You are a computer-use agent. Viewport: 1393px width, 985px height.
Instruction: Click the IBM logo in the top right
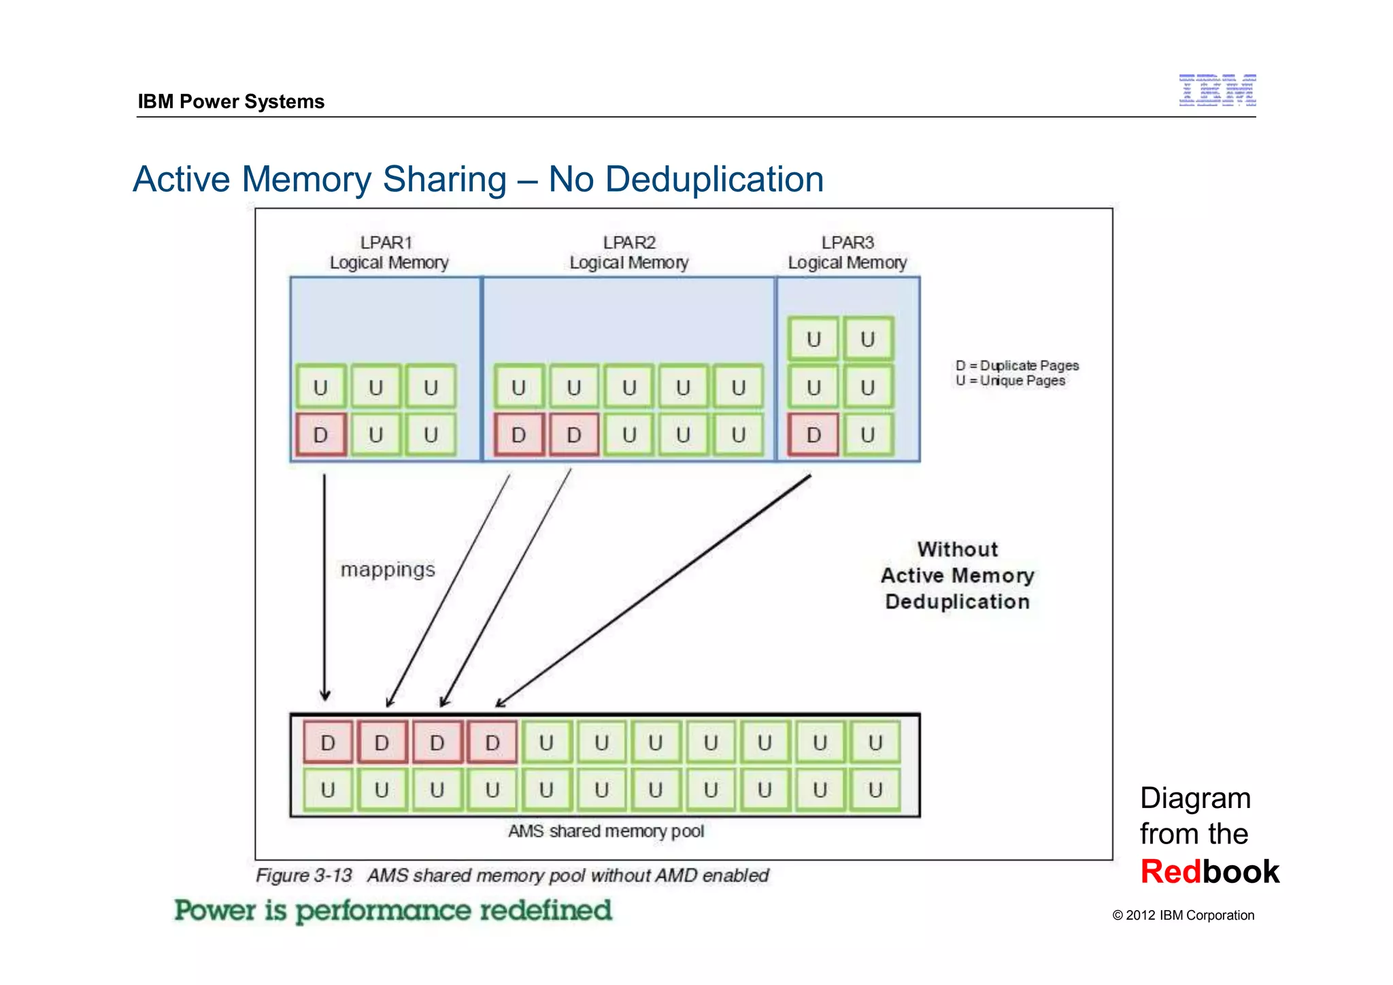(x=1217, y=91)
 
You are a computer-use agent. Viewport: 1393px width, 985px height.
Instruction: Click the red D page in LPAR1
(x=321, y=434)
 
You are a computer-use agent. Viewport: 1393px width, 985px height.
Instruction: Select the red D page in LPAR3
(x=813, y=434)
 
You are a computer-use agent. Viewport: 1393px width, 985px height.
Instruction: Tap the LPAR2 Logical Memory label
(x=629, y=253)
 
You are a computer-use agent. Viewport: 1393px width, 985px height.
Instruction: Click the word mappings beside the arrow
(x=388, y=569)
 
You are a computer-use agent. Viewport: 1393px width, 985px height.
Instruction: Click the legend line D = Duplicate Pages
(x=1017, y=366)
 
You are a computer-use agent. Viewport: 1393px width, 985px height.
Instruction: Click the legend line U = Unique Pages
(x=1010, y=381)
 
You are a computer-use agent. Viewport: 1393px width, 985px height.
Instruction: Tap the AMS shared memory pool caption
(x=606, y=831)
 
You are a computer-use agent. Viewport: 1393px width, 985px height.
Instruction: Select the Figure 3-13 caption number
(x=304, y=875)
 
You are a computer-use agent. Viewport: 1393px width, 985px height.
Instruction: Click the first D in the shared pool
(x=328, y=743)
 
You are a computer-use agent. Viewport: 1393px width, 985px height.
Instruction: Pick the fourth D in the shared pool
(x=492, y=743)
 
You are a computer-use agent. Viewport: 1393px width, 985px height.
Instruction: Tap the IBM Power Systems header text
(x=231, y=101)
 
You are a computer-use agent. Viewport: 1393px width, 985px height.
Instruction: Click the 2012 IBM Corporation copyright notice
(x=1183, y=916)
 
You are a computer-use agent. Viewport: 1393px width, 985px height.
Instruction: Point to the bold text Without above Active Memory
(x=958, y=549)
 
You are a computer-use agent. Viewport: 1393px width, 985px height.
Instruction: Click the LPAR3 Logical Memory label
(x=847, y=253)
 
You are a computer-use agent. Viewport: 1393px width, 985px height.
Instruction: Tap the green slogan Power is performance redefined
(x=393, y=911)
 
